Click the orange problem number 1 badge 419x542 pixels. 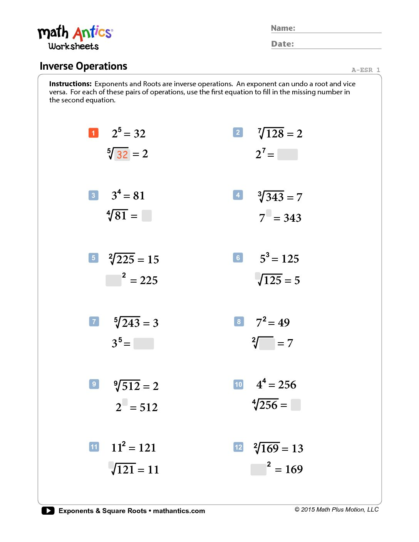click(94, 133)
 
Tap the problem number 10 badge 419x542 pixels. click(239, 384)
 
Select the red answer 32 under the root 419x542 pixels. click(122, 154)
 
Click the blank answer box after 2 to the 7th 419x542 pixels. click(287, 154)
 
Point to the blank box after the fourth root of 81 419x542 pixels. click(146, 216)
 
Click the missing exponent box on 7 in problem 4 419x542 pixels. click(269, 212)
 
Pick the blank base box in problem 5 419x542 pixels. click(114, 280)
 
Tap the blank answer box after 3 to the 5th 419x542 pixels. click(144, 343)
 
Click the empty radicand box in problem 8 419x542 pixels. click(267, 343)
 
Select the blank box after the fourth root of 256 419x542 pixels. click(296, 405)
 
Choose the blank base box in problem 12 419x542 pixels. click(258, 469)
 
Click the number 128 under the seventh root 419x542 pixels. click(275, 134)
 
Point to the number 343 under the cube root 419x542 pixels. click(275, 197)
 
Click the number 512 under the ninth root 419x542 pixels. click(131, 386)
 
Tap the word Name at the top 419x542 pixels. click(283, 28)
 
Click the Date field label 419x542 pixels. click(282, 44)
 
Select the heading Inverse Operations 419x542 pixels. click(84, 66)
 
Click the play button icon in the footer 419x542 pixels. click(48, 511)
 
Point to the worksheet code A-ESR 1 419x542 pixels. click(365, 70)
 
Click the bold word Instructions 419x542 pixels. click(70, 84)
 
